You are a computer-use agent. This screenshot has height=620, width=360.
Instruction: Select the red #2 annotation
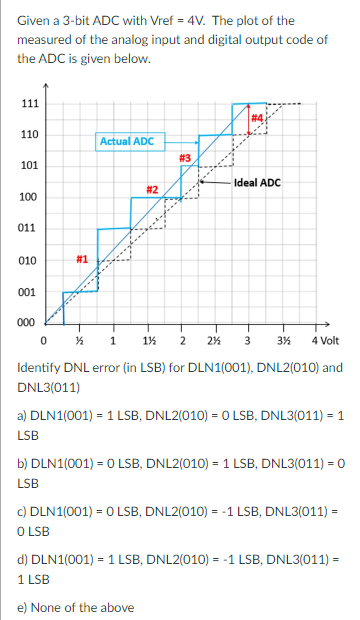pyautogui.click(x=153, y=189)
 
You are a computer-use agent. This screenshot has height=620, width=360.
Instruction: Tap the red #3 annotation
pyautogui.click(x=185, y=157)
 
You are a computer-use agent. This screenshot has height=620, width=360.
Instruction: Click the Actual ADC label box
pyautogui.click(x=126, y=141)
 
